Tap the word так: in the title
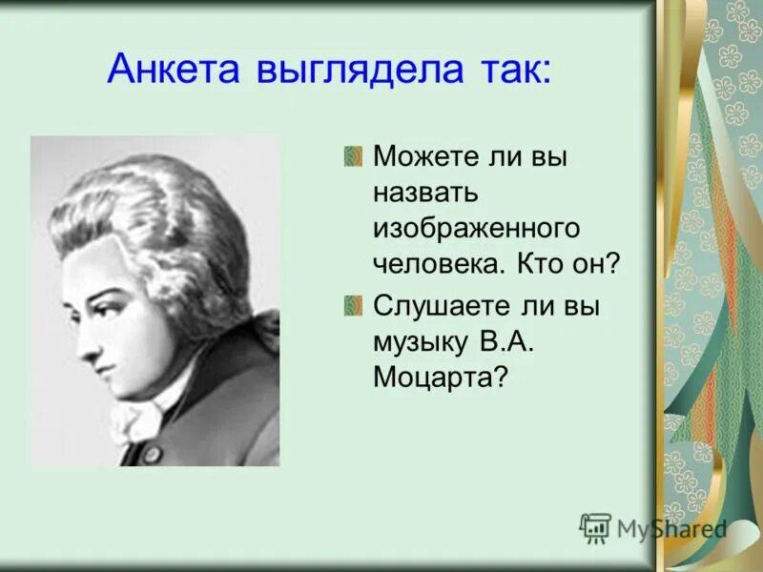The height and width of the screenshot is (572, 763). (x=514, y=70)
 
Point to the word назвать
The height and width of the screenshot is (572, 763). (x=425, y=194)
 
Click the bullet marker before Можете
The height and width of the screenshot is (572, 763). (x=354, y=156)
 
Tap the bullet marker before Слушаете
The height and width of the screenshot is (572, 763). (x=354, y=304)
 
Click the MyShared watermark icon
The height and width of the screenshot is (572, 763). (x=595, y=527)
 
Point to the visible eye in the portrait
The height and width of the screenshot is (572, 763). (x=106, y=287)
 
